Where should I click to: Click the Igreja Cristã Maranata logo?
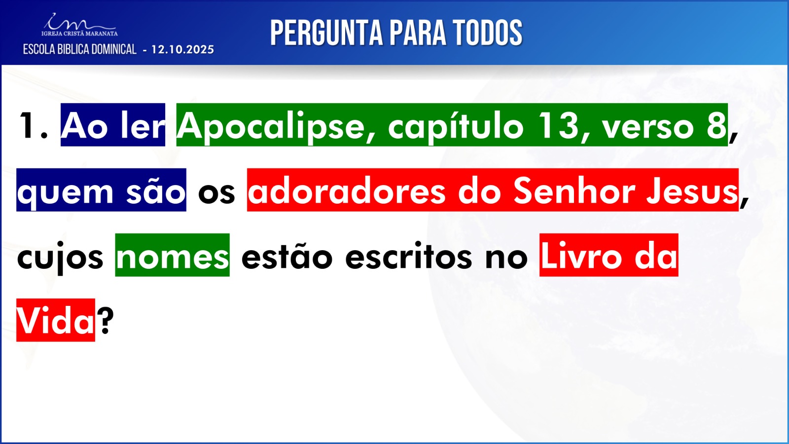coord(79,25)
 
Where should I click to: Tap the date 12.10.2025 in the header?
coord(182,50)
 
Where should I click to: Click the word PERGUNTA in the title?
coord(326,33)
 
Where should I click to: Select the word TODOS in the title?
coord(488,33)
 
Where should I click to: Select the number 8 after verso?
coord(717,126)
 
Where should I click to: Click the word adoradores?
coord(347,190)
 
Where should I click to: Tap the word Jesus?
coord(692,190)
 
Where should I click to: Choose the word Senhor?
coord(574,190)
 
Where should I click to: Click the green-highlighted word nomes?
coord(173,258)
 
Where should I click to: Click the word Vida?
coord(55,321)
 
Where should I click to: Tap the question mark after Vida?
coord(106,320)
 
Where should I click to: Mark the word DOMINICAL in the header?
coord(114,50)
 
